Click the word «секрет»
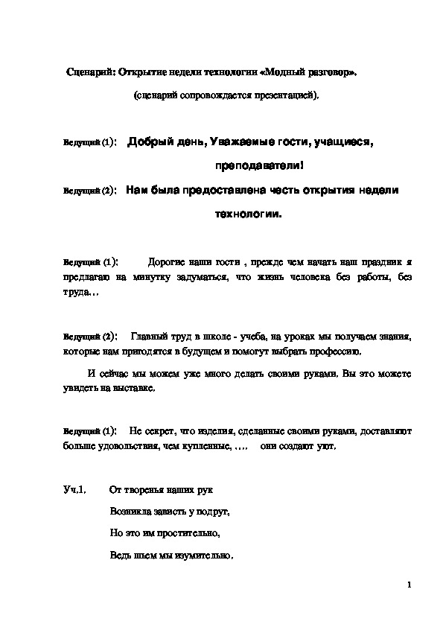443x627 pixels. (x=159, y=432)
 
